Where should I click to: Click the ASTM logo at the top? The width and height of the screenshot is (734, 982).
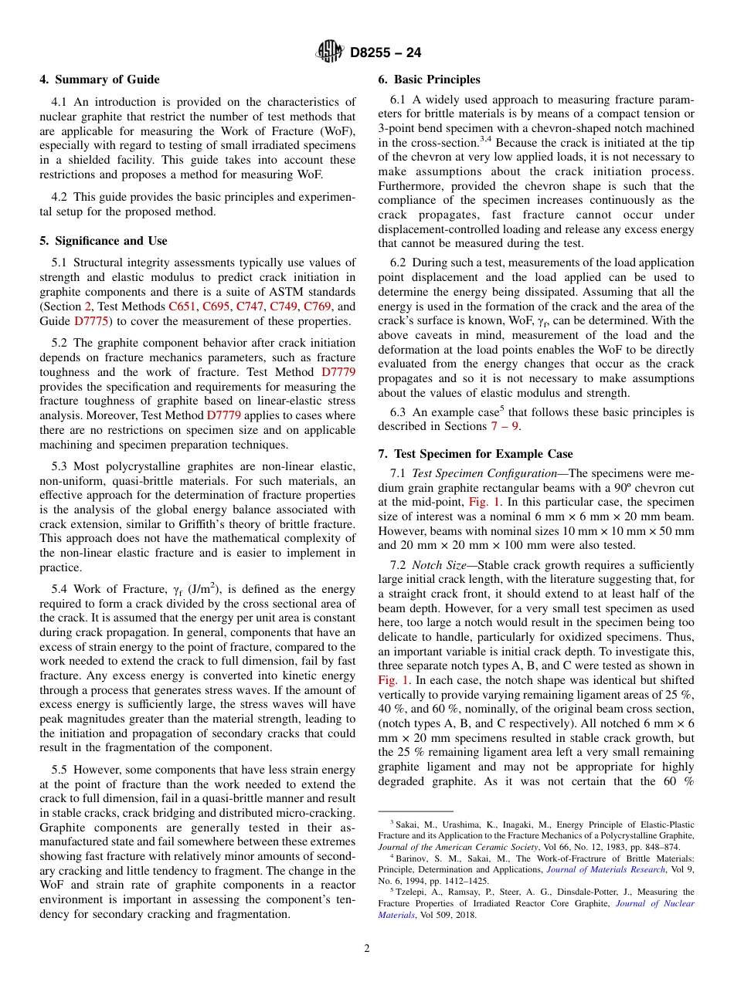[331, 52]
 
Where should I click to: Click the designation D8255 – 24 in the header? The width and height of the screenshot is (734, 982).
[386, 53]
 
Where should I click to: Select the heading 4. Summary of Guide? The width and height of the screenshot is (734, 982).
[100, 80]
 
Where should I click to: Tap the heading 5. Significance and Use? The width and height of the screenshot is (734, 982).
[104, 241]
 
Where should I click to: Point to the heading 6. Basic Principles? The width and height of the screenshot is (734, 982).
[429, 80]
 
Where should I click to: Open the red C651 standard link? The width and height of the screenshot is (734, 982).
[182, 306]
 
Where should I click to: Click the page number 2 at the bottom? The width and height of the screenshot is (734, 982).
[367, 949]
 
